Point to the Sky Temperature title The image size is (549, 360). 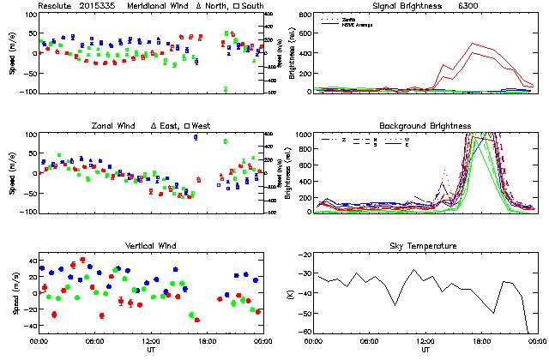[x=425, y=246]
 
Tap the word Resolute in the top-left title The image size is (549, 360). [x=52, y=6]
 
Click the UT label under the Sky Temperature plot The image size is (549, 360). [x=425, y=351]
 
